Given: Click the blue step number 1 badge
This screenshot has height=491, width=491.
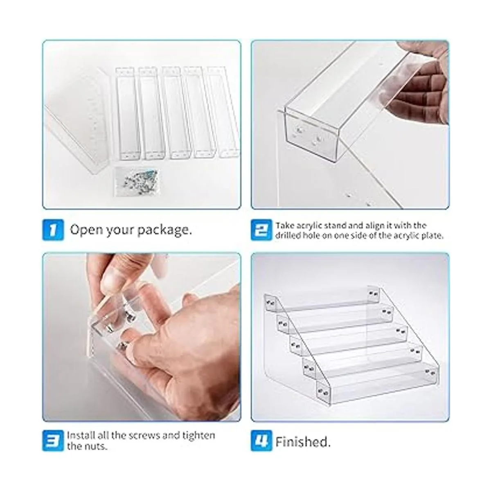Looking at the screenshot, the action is (x=53, y=230).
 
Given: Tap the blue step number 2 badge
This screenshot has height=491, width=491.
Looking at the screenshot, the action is (x=261, y=230).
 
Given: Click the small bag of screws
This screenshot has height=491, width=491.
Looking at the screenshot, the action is (x=137, y=182).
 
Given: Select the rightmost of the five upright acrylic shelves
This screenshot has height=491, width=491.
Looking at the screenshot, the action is (x=223, y=112).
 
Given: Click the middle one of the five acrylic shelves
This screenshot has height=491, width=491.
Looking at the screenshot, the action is (x=176, y=113).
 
